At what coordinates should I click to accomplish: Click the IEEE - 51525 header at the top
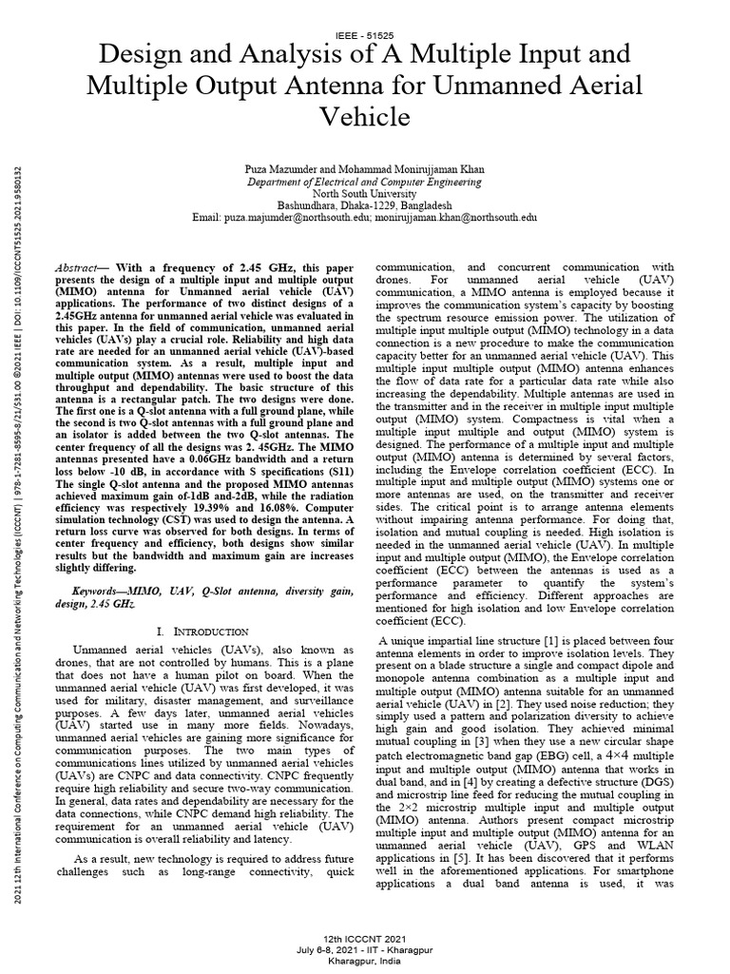pyautogui.click(x=364, y=34)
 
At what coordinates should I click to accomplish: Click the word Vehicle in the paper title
pyautogui.click(x=364, y=117)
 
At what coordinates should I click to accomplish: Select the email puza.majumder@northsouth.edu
pyautogui.click(x=300, y=217)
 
